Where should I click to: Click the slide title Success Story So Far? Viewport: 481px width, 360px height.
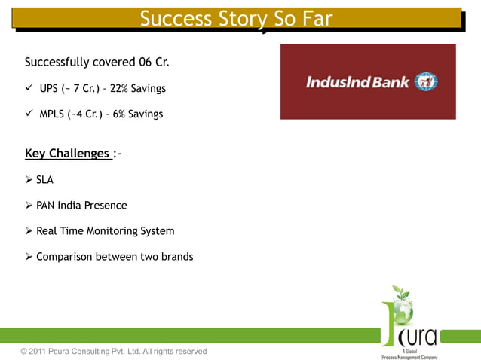point(236,19)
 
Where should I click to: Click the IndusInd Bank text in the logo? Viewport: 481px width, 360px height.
point(357,81)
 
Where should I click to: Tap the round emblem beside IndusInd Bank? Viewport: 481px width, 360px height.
point(426,81)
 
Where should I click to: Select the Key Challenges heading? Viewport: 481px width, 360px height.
point(68,154)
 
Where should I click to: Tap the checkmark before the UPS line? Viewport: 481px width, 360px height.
point(29,89)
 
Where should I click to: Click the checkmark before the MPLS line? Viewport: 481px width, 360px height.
point(29,114)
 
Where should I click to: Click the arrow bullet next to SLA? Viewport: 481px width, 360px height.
point(29,180)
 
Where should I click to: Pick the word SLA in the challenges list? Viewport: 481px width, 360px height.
point(45,180)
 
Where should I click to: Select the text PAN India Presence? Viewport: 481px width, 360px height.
point(81,206)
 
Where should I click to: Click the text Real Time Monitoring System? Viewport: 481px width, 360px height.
point(105,231)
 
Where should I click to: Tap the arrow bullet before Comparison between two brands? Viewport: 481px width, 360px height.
point(29,257)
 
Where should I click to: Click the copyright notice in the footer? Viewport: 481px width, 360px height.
point(114,351)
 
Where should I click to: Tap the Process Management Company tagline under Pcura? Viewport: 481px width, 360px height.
point(409,356)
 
